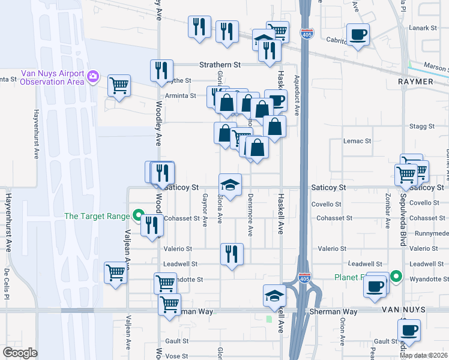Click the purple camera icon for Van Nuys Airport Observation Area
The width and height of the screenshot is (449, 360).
point(93,76)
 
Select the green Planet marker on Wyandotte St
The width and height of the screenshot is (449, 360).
point(396,277)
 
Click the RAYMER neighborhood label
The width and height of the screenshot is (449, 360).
point(415,81)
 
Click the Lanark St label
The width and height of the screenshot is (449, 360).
point(424,28)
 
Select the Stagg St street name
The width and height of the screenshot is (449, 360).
point(422,126)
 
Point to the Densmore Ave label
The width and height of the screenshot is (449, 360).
point(250,214)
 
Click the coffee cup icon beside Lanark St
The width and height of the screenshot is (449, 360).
point(358,34)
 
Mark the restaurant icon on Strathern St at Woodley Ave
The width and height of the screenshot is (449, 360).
point(161,70)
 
